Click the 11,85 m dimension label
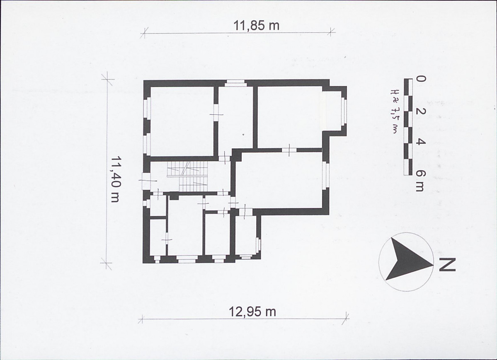(257, 25)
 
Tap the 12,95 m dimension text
(252, 312)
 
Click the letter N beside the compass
(447, 265)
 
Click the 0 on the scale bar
(421, 79)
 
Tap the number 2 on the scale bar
(421, 111)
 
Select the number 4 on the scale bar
(421, 142)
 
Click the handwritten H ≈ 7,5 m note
(394, 111)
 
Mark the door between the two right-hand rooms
(289, 150)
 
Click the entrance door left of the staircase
(146, 181)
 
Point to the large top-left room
(182, 121)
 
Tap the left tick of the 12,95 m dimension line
(142, 319)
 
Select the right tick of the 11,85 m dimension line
(331, 31)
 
